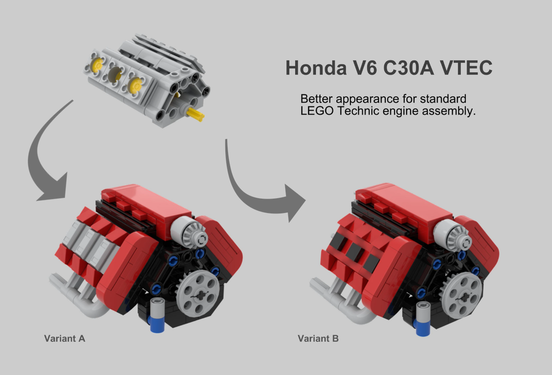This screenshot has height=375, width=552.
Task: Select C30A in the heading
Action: pos(404,68)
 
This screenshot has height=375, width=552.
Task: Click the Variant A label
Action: pos(65,338)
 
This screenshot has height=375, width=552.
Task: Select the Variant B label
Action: pos(318,338)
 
